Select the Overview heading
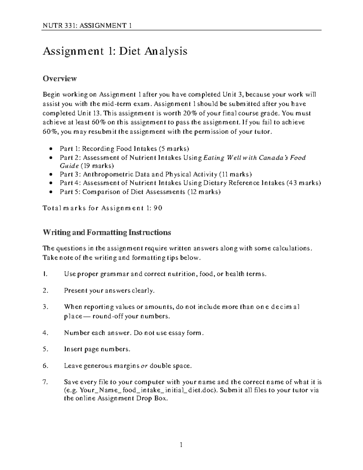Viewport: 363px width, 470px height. click(x=60, y=79)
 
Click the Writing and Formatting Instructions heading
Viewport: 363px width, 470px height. click(x=107, y=232)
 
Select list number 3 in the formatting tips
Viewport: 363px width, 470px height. click(x=45, y=307)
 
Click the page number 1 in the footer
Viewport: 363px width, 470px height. click(x=181, y=445)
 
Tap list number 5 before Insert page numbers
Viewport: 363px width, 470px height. click(x=45, y=349)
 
